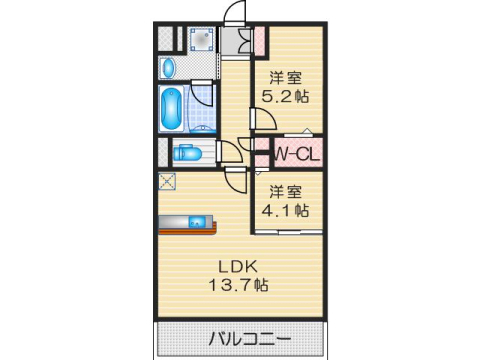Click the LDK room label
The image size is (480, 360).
coord(239,266)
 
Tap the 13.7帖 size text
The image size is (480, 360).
coord(239,285)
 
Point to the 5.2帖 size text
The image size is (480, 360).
coord(286,97)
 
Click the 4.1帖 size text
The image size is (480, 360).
coord(286,211)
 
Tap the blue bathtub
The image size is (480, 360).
coord(170,107)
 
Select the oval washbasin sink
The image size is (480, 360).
coord(168,68)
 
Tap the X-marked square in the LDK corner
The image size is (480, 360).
coord(165,182)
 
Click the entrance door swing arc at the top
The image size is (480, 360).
coord(236,12)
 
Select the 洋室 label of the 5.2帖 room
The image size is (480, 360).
coord(286,77)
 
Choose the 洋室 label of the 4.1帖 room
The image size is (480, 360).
coord(286,191)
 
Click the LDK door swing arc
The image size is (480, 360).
coord(236,180)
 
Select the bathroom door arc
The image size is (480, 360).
coord(205,97)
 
